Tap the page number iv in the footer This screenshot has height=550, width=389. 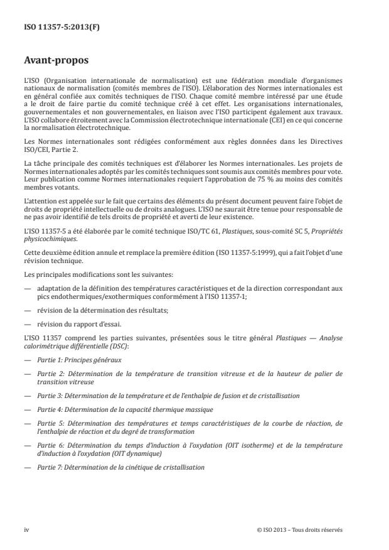coord(26,530)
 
